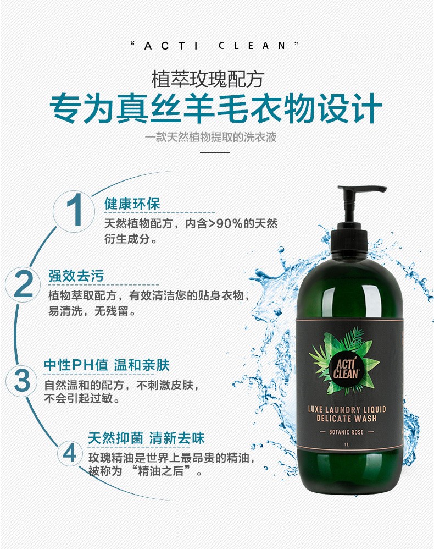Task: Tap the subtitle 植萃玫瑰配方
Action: pyautogui.click(x=207, y=79)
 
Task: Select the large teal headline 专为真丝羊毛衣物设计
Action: pyautogui.click(x=216, y=108)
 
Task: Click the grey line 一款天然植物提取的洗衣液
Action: pyautogui.click(x=211, y=137)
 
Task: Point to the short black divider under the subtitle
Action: pyautogui.click(x=215, y=152)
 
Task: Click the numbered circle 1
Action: pyautogui.click(x=74, y=211)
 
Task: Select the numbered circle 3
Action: pyautogui.click(x=22, y=380)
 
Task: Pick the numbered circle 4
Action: pyautogui.click(x=70, y=453)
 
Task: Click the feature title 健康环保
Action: pyautogui.click(x=132, y=204)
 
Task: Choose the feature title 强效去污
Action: pyautogui.click(x=76, y=276)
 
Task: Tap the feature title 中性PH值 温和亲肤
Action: pyautogui.click(x=107, y=365)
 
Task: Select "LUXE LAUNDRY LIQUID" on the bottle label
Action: pyautogui.click(x=347, y=409)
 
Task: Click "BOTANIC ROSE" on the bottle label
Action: pyautogui.click(x=346, y=432)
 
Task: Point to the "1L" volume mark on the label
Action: pyautogui.click(x=347, y=445)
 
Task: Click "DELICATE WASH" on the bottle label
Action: pyautogui.click(x=347, y=419)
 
